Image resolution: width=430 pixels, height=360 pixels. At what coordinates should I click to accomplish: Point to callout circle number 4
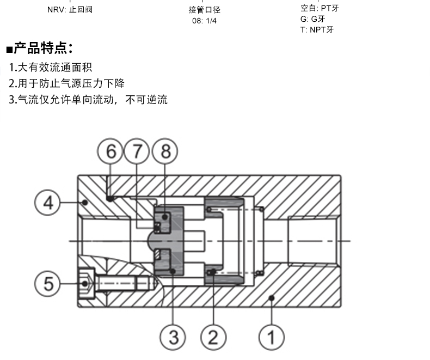tap(48, 203)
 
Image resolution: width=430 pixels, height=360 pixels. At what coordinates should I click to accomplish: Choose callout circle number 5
tap(48, 283)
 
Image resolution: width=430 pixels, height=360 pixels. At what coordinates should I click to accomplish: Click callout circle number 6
tap(111, 151)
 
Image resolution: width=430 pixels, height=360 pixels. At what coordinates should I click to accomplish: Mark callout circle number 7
tap(138, 151)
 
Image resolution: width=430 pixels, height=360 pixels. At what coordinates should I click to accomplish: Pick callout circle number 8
tap(165, 151)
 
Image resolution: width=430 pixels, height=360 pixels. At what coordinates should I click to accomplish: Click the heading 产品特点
tap(42, 48)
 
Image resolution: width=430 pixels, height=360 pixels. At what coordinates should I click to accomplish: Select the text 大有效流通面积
tap(54, 68)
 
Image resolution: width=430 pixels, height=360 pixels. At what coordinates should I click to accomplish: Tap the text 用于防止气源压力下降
tap(70, 83)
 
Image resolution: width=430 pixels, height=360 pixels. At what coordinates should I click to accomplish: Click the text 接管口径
tap(204, 10)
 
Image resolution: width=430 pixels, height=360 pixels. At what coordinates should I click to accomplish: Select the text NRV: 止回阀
tap(70, 9)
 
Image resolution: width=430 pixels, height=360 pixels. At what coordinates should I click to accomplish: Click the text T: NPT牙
tap(317, 29)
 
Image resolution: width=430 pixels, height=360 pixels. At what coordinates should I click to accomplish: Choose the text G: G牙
tap(312, 19)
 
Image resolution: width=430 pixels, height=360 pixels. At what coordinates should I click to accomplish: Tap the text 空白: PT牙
tap(320, 8)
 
